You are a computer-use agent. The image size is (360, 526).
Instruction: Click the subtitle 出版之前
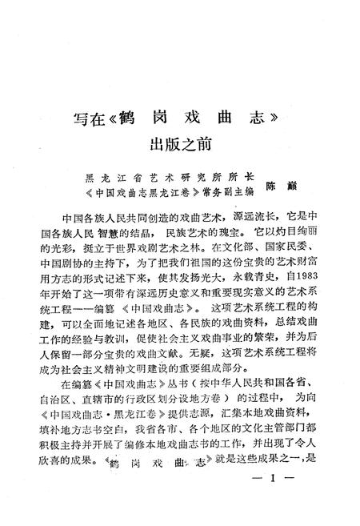coord(179,144)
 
